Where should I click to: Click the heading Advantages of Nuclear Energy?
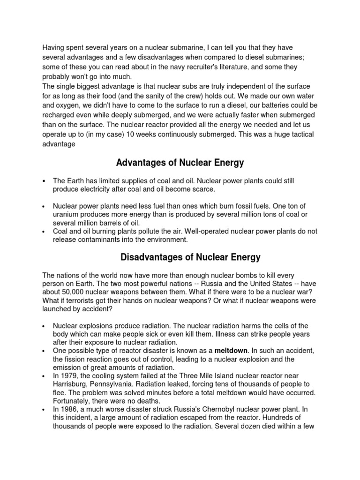(180, 163)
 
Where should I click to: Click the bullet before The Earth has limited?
(43, 180)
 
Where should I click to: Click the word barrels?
(104, 223)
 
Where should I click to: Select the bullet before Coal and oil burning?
(43, 231)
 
